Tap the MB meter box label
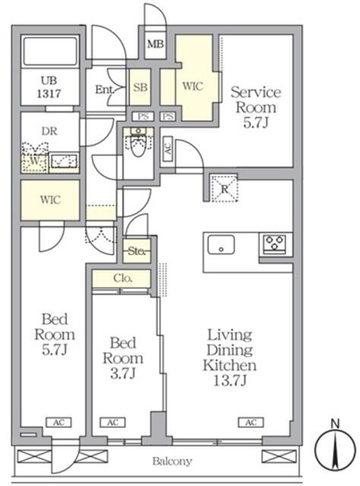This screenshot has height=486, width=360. [155, 44]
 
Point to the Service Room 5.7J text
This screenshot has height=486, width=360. [255, 106]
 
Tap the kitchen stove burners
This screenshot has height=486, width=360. [274, 244]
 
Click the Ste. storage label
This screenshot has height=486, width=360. [137, 250]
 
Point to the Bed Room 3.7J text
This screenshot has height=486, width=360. [122, 357]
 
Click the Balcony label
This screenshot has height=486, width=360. [172, 461]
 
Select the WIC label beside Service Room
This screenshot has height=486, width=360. [191, 86]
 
